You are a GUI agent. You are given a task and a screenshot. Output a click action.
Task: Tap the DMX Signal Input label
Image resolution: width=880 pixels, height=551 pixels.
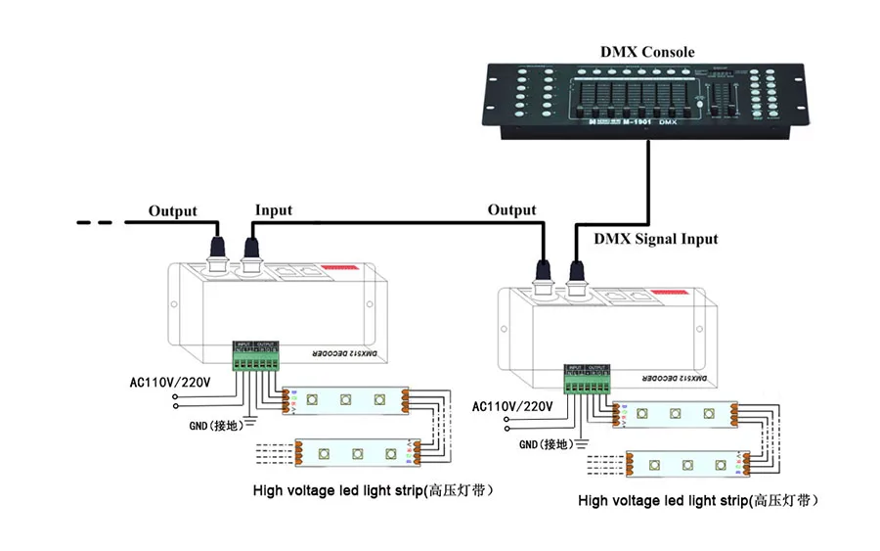656,239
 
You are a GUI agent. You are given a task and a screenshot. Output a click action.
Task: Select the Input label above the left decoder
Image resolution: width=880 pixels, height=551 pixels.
274,209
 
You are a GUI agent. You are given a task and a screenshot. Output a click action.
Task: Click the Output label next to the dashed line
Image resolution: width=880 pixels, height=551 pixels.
172,210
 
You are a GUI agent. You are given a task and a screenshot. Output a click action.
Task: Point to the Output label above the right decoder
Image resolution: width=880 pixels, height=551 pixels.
512,209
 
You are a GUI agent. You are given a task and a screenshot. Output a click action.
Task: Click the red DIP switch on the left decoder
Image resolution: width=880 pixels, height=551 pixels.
342,264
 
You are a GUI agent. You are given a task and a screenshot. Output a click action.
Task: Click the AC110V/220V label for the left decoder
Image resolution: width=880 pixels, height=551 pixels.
170,381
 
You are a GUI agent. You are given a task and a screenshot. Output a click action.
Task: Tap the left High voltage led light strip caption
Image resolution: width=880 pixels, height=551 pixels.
372,489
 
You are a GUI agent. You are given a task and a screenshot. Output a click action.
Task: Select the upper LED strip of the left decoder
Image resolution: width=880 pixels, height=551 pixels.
346,398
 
